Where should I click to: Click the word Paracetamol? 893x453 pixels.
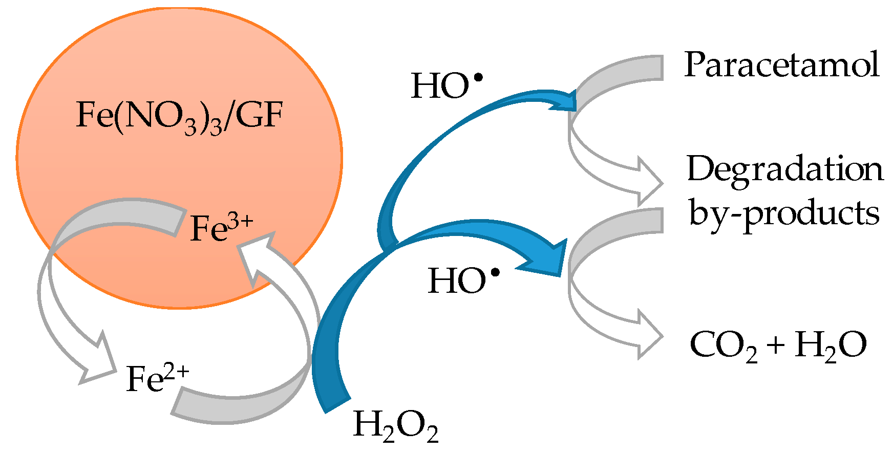(781, 65)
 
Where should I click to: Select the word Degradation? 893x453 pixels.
(784, 169)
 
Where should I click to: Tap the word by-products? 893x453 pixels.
(783, 212)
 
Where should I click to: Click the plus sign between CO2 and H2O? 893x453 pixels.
(776, 345)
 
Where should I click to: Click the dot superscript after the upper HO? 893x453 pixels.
(478, 78)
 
